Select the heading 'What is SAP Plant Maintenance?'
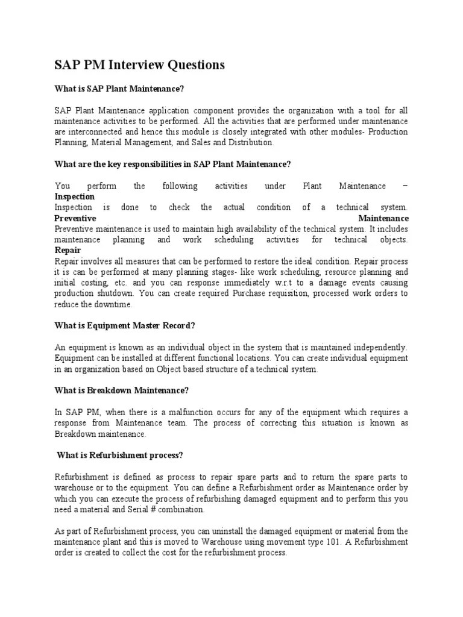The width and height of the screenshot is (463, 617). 119,89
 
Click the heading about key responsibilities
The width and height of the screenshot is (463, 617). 173,164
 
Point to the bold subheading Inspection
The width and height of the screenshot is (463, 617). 75,196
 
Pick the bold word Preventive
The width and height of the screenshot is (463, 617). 75,218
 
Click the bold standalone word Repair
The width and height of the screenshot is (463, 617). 68,251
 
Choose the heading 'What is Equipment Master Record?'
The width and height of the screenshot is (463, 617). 125,326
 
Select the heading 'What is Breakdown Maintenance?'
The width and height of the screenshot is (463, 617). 122,390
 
